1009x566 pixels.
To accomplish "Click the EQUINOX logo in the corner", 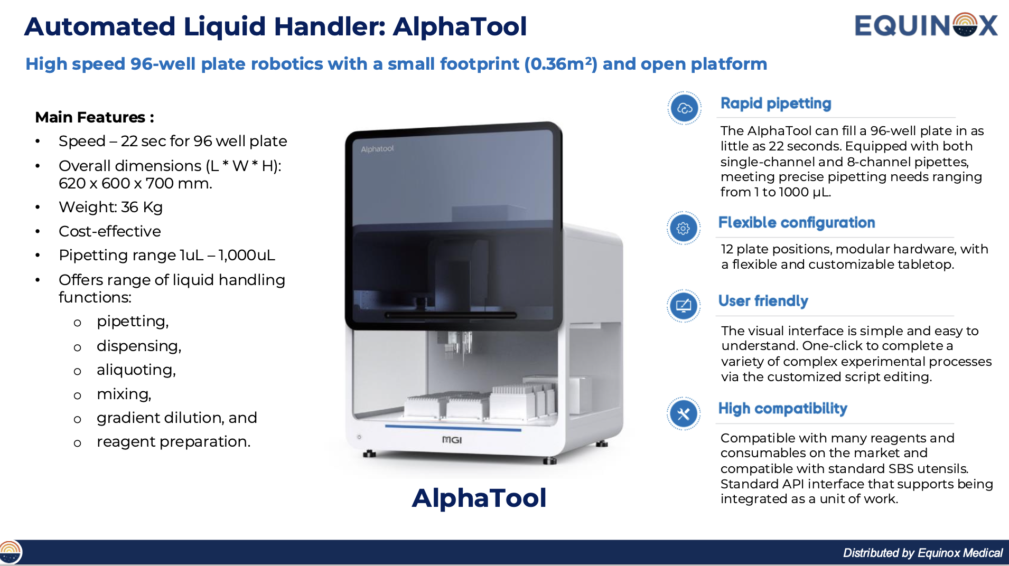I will tap(926, 25).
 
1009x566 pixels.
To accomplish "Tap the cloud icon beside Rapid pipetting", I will tap(684, 108).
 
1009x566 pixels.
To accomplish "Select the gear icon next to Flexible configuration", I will tap(683, 228).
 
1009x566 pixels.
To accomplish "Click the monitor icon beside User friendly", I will tap(683, 306).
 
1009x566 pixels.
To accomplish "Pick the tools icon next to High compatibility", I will tap(683, 413).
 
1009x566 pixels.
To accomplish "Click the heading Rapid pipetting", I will tap(776, 103).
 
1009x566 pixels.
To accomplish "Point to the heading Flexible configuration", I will tap(796, 223).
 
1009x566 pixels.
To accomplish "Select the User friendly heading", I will tap(763, 301).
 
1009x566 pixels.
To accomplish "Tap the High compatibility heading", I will tap(782, 409).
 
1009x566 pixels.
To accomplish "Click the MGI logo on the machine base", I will tap(452, 440).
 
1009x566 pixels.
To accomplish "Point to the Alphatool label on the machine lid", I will tap(377, 149).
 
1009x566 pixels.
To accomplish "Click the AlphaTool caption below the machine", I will tap(479, 498).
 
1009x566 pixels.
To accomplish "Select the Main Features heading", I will tap(95, 117).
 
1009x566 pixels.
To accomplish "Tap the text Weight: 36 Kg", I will tap(110, 207).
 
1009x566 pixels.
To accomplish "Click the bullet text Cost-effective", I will tap(110, 231).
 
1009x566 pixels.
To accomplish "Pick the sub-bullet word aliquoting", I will tap(136, 370).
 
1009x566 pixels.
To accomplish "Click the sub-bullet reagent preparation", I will tap(173, 441).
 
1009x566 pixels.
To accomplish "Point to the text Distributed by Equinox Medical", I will tap(922, 553).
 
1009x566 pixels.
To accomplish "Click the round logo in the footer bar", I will tap(11, 553).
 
